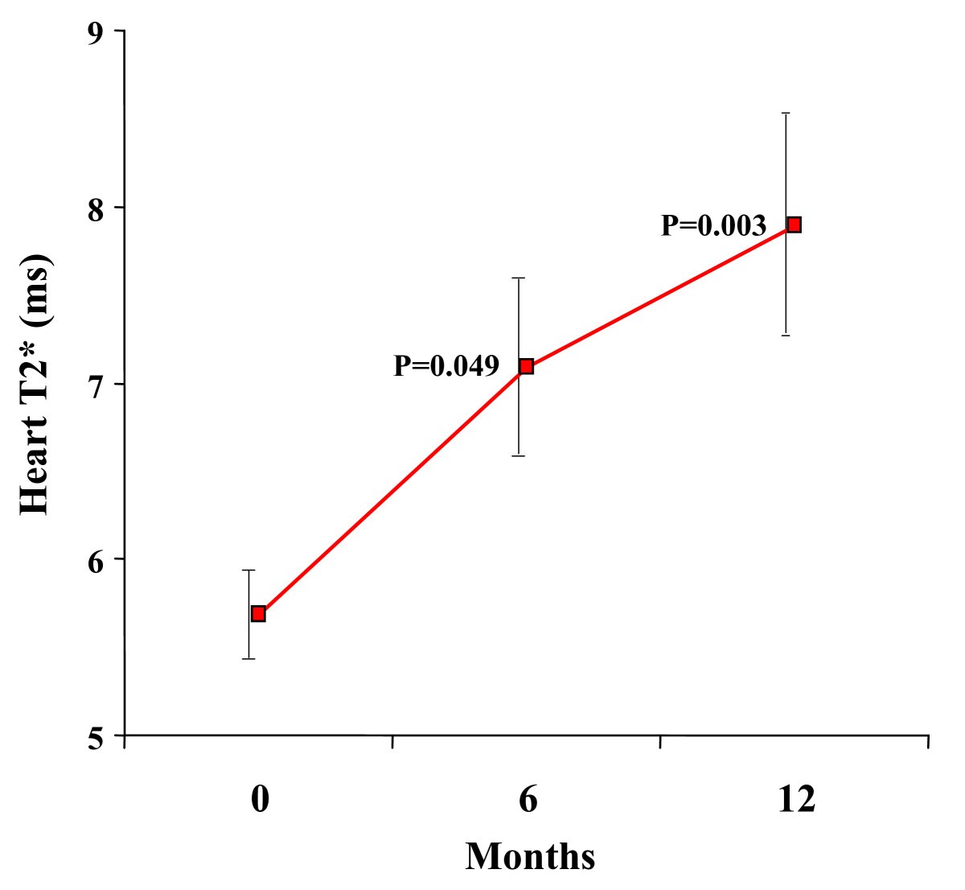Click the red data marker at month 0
[258, 614]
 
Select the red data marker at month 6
[526, 367]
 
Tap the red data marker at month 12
[794, 225]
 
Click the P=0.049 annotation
[446, 366]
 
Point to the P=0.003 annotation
[713, 226]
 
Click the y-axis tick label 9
[96, 32]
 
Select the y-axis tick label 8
[96, 208]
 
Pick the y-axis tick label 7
[96, 385]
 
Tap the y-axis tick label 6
[96, 560]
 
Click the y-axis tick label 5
[96, 736]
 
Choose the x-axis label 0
[259, 800]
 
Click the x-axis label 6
[528, 800]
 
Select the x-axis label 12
[796, 800]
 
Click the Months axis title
[530, 856]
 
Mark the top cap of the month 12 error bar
[786, 113]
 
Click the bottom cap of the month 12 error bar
[786, 335]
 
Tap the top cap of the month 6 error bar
[519, 278]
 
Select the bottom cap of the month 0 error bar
[249, 659]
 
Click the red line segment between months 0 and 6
[392, 491]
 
